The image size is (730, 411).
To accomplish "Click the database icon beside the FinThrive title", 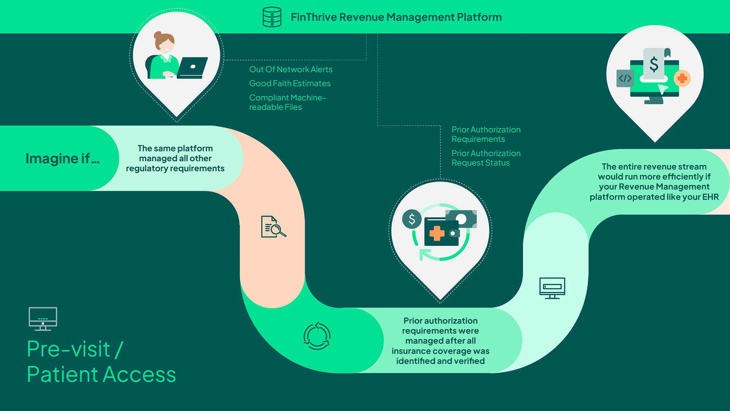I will coord(272,17).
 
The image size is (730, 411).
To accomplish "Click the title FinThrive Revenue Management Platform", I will coord(396,17).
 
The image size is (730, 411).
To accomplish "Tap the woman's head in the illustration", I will coord(165,42).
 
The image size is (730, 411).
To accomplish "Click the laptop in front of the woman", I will coord(192,68).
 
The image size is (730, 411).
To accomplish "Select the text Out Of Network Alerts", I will coord(290,69).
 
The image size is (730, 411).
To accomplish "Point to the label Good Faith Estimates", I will coord(290,83).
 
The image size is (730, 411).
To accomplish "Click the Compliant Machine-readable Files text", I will coord(287,102).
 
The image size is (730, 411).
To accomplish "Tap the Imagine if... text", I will coord(62,158).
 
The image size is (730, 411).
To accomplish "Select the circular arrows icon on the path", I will coord(317,336).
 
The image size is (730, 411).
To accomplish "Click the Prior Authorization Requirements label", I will coord(486,134).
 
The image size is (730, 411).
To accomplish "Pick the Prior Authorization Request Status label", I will coord(486,158).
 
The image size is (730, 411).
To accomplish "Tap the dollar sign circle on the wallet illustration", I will coord(412,219).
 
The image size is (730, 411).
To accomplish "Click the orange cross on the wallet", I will coord(437,233).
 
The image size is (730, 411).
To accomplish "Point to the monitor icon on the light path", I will coord(552,288).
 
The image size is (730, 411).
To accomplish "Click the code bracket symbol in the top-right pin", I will coord(625,78).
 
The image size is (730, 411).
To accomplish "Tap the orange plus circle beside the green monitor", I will coord(682,78).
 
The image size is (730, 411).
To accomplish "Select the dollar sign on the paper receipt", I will coord(654,64).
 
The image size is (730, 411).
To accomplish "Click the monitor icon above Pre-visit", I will coord(43,319).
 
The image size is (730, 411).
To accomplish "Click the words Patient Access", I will coord(102,374).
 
